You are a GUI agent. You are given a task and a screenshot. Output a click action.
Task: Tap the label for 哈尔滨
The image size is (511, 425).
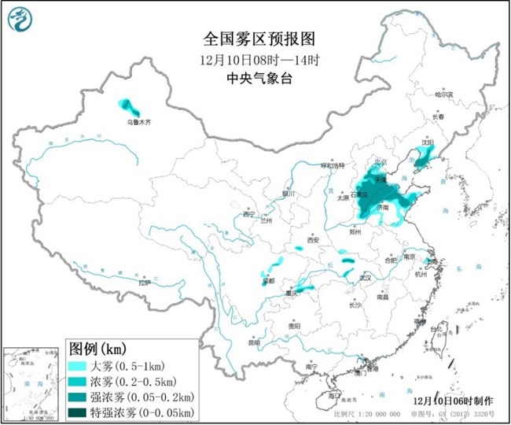pos(445,94)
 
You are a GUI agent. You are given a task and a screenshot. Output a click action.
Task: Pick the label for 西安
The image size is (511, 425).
pos(314,239)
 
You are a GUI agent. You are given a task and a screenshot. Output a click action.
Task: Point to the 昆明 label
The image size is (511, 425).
pos(253,342)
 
